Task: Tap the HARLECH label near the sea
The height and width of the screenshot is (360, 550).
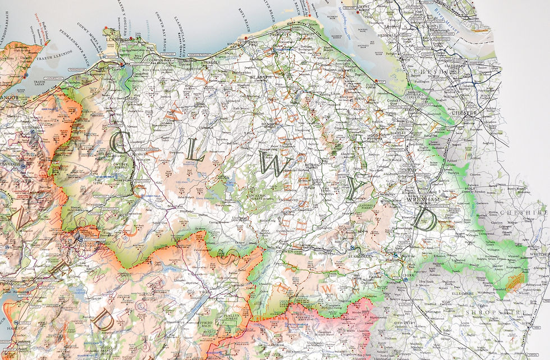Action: tap(7, 329)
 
